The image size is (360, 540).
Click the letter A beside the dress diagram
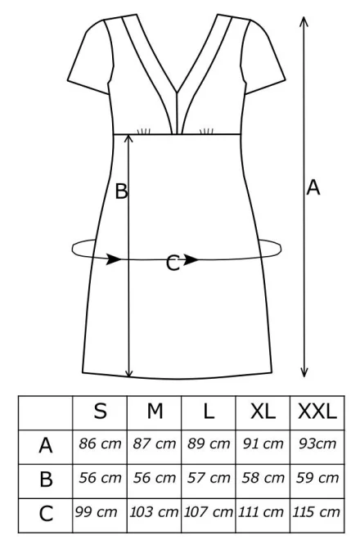(313, 187)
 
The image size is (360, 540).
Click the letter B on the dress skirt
(121, 191)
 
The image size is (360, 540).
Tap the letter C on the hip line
(173, 263)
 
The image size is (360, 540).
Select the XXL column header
(317, 411)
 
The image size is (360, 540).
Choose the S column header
(100, 411)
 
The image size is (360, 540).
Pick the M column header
(155, 411)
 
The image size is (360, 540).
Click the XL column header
(263, 411)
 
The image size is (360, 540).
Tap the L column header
(209, 411)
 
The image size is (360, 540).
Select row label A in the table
(46, 446)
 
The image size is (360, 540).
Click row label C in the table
(46, 514)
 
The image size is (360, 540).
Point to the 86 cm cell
(100, 443)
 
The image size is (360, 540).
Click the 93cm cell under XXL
(317, 443)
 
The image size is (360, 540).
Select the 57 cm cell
(209, 478)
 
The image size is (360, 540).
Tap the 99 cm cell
(96, 511)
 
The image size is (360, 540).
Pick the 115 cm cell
(316, 511)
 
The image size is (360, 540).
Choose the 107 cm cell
(208, 511)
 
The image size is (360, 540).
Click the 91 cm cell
(263, 443)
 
